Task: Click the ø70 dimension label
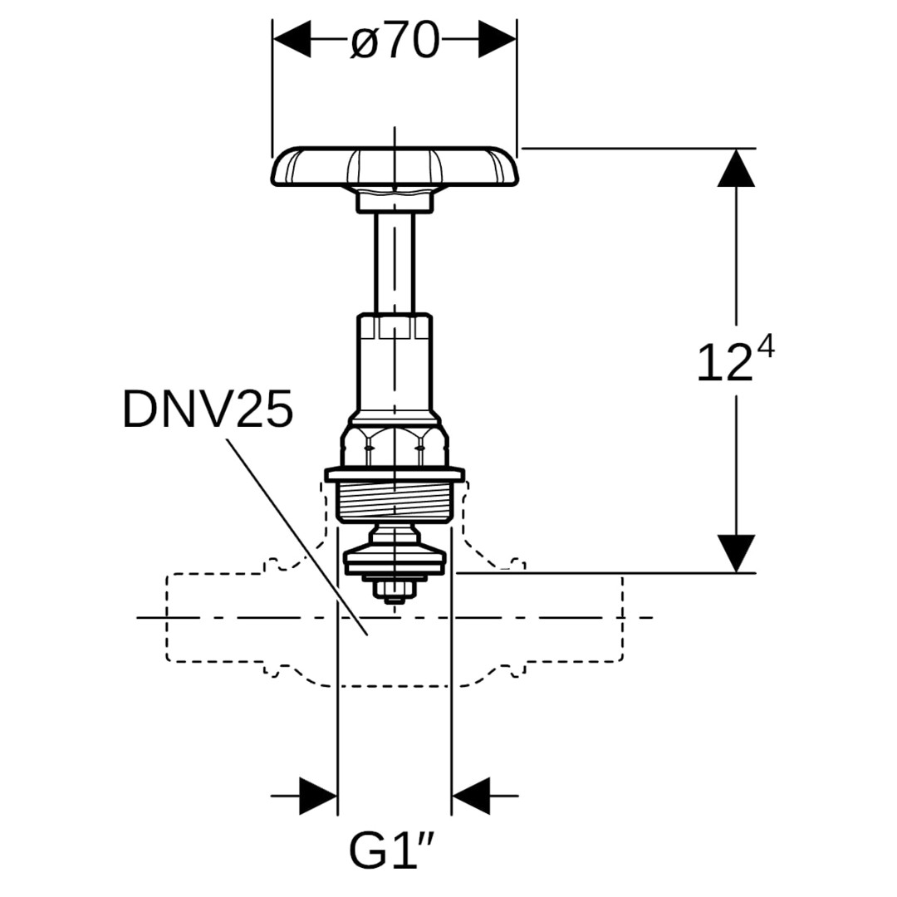[x=395, y=40]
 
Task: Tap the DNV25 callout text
[x=208, y=409]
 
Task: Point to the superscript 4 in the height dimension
[x=765, y=346]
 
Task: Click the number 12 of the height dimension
[x=723, y=364]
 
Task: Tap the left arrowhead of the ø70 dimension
[x=292, y=39]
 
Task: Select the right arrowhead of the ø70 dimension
[x=498, y=39]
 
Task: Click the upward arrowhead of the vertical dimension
[x=736, y=167]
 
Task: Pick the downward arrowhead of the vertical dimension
[x=736, y=553]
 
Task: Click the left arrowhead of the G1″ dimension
[x=318, y=796]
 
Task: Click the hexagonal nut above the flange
[x=395, y=447]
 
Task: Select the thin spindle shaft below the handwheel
[x=395, y=262]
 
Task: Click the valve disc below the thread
[x=395, y=560]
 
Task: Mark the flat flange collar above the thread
[x=395, y=475]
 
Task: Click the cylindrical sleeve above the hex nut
[x=395, y=365]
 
